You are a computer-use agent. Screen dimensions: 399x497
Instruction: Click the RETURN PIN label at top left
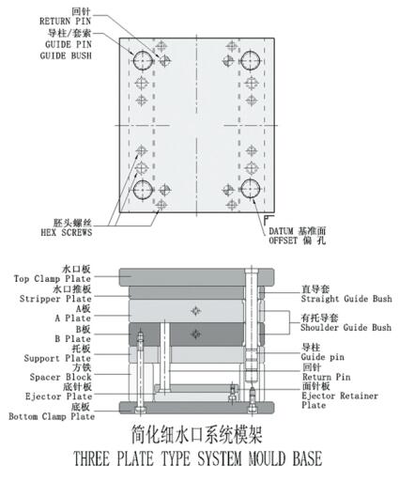65,22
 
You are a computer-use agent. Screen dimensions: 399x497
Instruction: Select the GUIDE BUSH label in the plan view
66,55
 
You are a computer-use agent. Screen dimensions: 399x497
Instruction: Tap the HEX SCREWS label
67,232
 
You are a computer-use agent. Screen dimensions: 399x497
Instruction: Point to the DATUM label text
282,231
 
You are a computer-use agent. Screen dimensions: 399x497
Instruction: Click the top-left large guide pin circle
143,60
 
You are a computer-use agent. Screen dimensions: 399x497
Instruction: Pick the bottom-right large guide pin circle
251,189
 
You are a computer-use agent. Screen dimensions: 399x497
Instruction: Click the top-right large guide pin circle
251,60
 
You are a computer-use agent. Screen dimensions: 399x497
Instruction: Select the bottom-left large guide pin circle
143,190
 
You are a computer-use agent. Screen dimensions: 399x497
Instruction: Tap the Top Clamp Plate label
53,279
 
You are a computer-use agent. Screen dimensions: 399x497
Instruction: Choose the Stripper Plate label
55,299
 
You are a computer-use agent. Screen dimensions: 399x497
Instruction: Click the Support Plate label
57,359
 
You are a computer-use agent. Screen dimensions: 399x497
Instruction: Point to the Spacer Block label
60,377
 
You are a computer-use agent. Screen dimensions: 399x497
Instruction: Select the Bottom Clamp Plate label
52,416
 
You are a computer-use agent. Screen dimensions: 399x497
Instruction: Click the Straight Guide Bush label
346,299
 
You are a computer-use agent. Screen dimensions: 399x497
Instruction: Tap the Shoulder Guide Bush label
346,328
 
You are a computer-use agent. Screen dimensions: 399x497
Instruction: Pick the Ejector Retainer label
340,396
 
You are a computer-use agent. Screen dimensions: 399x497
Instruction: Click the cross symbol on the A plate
196,311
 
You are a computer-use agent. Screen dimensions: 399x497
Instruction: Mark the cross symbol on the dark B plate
196,334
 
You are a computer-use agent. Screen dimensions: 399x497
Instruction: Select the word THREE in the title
91,458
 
